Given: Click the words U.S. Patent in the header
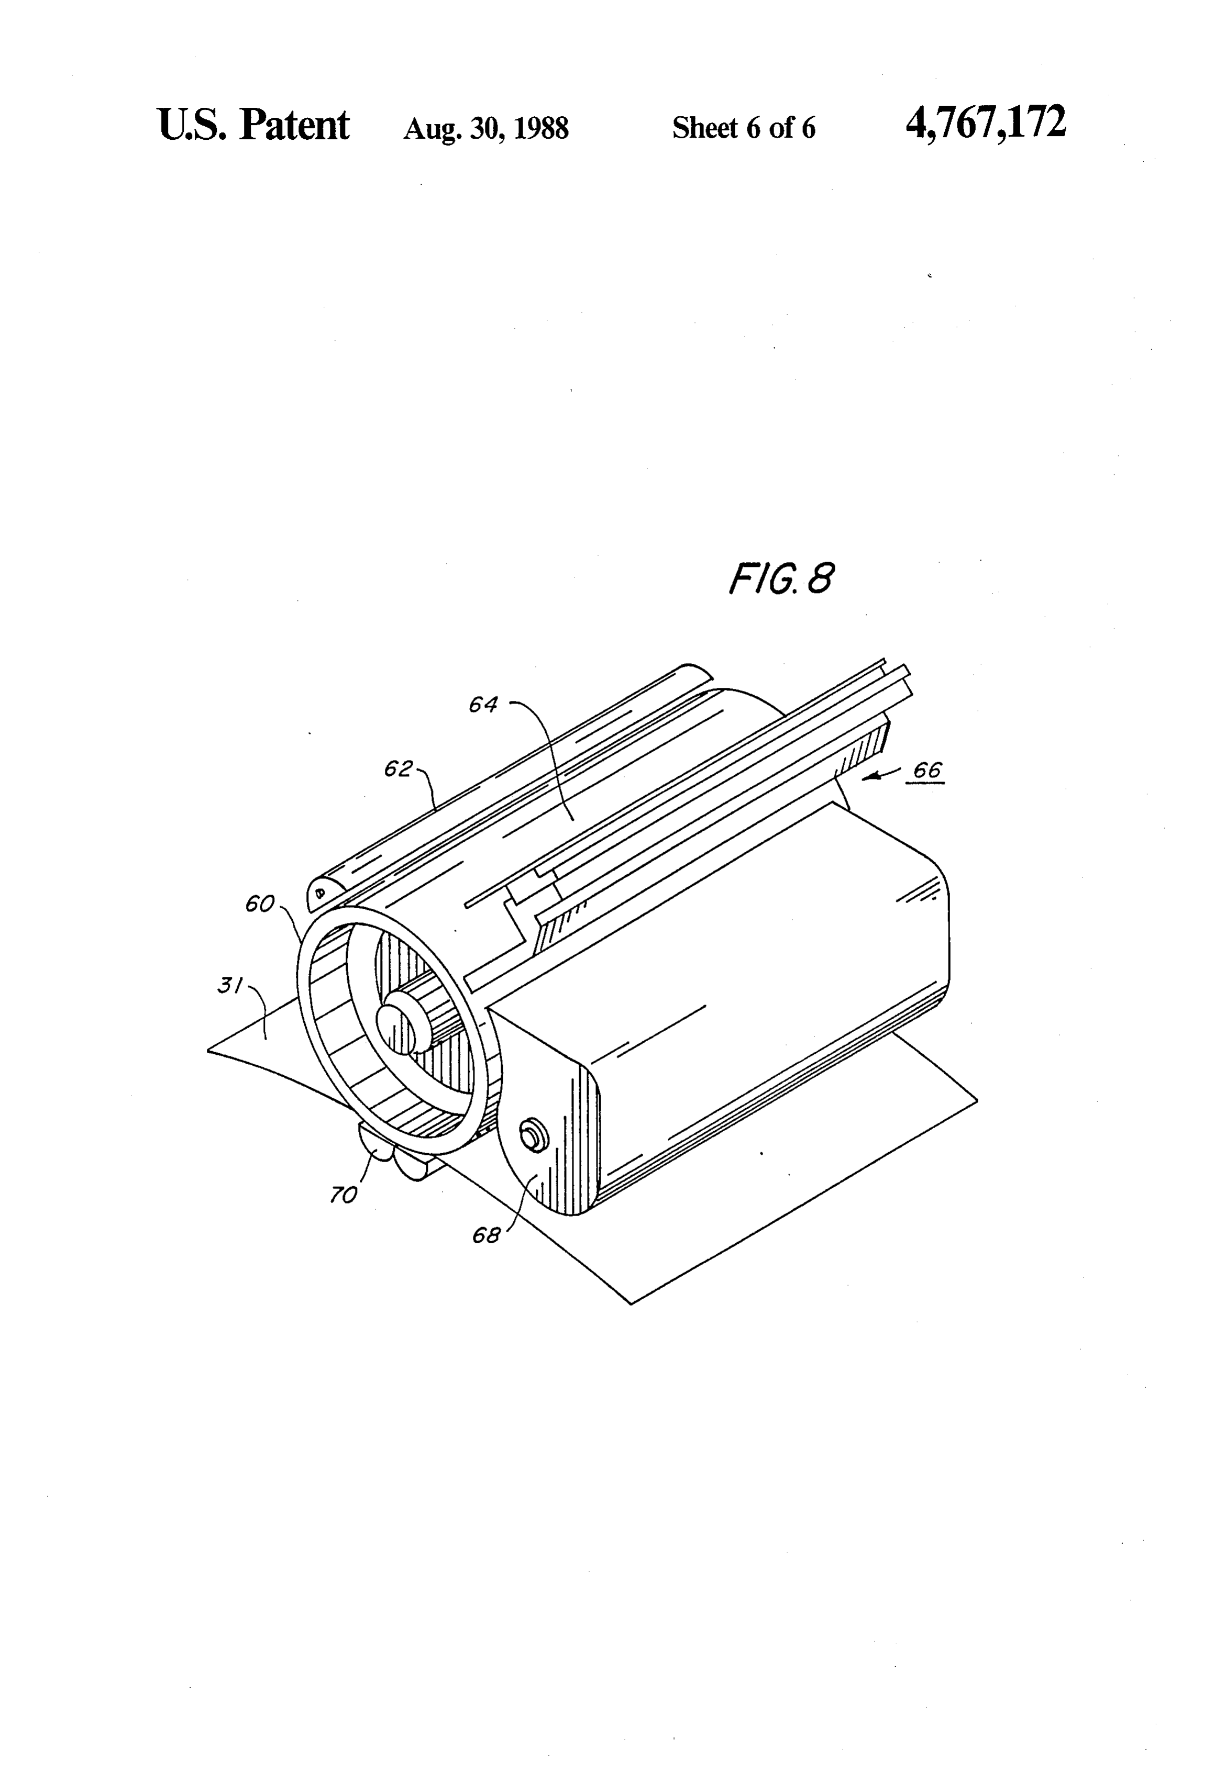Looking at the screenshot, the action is [x=253, y=125].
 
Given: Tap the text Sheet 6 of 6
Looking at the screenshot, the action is [x=744, y=127].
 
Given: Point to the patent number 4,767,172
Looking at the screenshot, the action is [x=986, y=122].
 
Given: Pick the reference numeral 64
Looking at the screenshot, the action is [x=483, y=705].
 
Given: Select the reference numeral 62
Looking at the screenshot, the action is [x=399, y=768].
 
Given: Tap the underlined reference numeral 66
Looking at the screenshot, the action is [x=927, y=771].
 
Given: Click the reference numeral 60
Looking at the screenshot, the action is [x=260, y=904].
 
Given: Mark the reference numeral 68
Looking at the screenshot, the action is [x=485, y=1235].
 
